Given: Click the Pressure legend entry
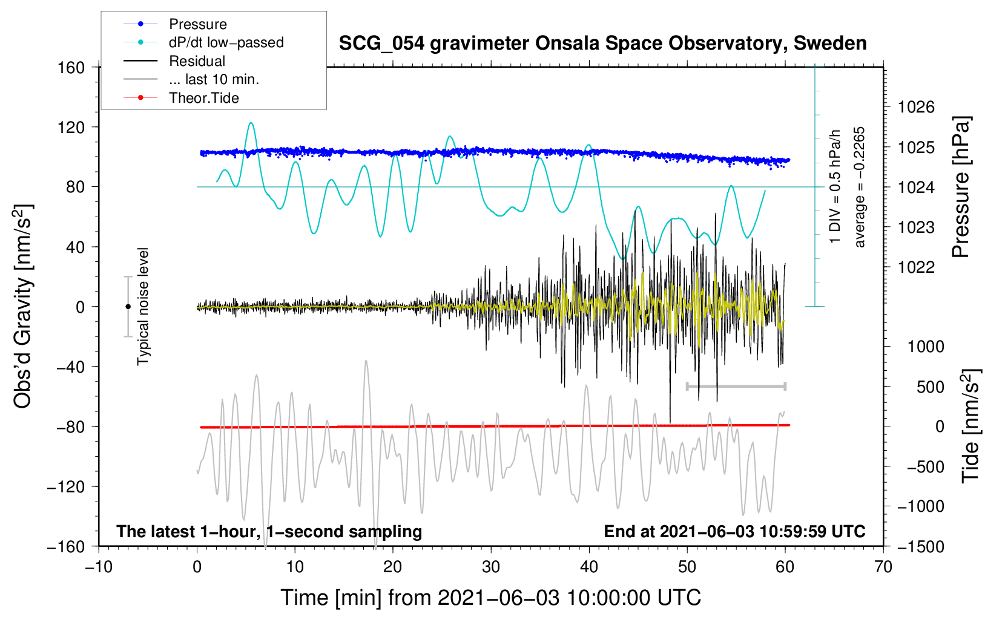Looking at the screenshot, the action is point(175,24).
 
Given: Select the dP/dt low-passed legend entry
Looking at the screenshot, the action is point(203,42).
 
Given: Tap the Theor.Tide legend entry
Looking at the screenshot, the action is point(181,98).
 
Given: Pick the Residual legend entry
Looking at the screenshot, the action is point(174,61).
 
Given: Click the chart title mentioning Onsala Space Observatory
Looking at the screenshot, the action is point(602,44).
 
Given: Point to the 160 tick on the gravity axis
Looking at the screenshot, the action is point(71,68).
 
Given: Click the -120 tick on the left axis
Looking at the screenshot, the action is point(66,486).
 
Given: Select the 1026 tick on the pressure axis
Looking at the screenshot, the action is point(916,107).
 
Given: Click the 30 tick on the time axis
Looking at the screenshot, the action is point(491,567).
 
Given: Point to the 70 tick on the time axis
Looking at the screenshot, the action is point(883,567).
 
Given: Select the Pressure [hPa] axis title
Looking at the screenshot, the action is point(961,187).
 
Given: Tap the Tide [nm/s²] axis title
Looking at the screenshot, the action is point(971,426).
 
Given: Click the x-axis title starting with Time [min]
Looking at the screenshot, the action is point(491,598).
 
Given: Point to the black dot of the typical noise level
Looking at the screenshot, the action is point(128,307).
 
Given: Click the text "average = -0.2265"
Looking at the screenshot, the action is point(859,187).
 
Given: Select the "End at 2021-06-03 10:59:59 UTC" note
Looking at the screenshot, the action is point(734,531).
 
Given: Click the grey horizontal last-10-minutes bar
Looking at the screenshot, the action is point(736,386).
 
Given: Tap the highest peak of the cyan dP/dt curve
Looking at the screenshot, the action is point(251,123).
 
